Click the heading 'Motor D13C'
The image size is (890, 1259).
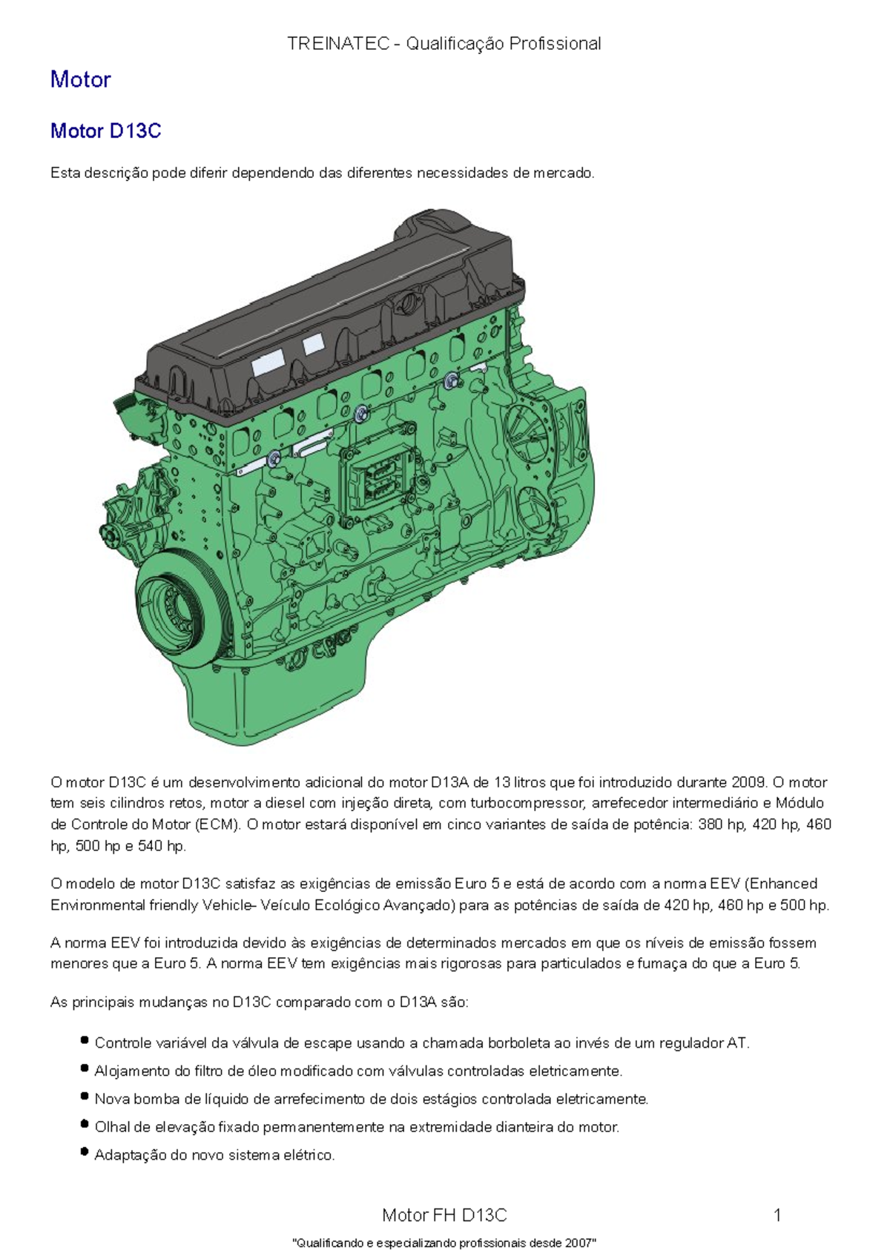(x=105, y=131)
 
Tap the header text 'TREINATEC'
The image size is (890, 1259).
(x=337, y=44)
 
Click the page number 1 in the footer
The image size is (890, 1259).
(x=777, y=1215)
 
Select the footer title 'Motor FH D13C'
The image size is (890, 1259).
(x=444, y=1215)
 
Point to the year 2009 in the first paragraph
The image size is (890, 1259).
(x=748, y=782)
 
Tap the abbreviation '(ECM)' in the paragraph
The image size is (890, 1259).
(x=217, y=825)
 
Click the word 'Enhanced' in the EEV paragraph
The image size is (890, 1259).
(x=783, y=884)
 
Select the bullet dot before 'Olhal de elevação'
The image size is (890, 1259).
(x=85, y=1125)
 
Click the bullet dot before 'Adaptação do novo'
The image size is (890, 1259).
(x=85, y=1153)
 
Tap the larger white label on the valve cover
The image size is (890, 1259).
(x=268, y=363)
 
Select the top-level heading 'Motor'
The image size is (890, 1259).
(x=80, y=79)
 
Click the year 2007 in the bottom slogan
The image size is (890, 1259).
(x=581, y=1243)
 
